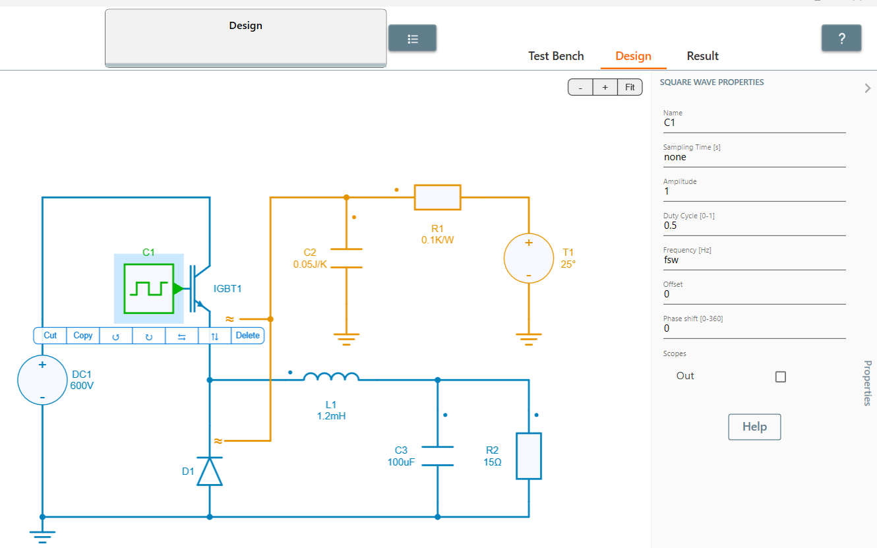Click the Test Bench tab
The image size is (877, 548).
556,56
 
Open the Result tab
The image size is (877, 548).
702,56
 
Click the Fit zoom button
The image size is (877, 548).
630,88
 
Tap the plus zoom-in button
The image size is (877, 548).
605,88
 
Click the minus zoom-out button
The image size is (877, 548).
580,88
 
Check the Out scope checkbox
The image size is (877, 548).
781,377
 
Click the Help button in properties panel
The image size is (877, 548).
754,427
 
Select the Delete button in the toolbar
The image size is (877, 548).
247,336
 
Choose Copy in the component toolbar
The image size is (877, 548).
83,336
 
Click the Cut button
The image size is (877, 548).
50,336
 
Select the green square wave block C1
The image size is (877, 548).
149,289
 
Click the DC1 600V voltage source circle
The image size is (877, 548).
42,380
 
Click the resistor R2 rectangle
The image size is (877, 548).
529,456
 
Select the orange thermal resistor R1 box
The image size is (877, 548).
437,197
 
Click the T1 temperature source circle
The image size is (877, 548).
529,259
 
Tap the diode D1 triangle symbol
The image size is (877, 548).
210,472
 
